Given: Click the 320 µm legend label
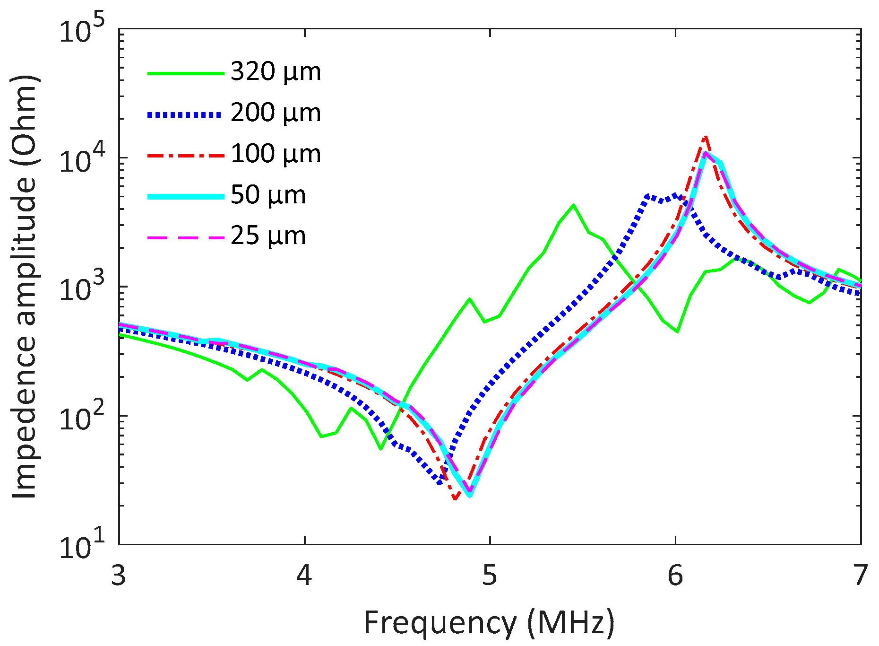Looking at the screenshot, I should tap(276, 72).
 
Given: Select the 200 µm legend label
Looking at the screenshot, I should tap(276, 113).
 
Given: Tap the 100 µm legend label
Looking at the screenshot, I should tap(276, 154).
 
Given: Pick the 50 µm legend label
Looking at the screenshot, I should tap(268, 195).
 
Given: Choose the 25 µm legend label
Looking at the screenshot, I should tap(268, 236).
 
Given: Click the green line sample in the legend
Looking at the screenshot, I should tap(185, 73).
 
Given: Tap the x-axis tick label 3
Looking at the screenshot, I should tap(119, 576).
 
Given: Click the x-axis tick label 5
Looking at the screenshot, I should tap(490, 576).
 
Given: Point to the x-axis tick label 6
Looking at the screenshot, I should tap(675, 576).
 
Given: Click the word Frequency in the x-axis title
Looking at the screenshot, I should tap(439, 623).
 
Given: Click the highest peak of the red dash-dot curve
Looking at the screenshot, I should tap(706, 137).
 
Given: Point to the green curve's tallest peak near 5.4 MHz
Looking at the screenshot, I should tap(573, 205).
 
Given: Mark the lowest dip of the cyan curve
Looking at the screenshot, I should tap(469, 496).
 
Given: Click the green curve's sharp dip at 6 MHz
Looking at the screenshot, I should tap(678, 332).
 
